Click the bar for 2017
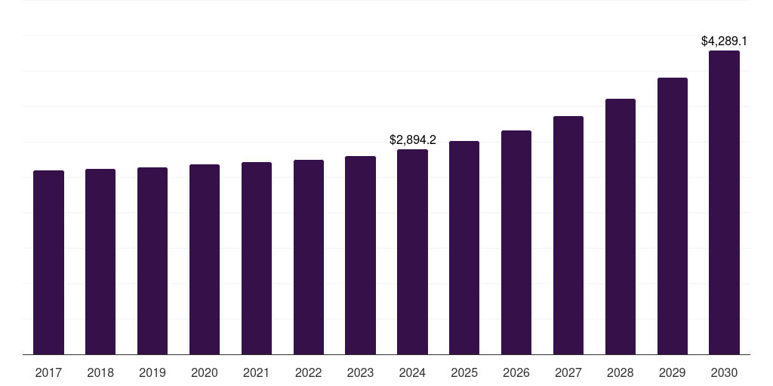click(x=48, y=262)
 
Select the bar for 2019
click(x=152, y=261)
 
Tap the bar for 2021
click(x=257, y=258)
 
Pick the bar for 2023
click(x=360, y=255)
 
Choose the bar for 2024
click(x=412, y=252)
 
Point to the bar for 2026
click(x=516, y=242)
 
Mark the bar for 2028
click(x=621, y=226)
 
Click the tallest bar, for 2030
click(x=724, y=202)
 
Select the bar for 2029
click(x=673, y=216)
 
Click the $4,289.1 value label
click(x=724, y=41)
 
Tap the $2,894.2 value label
click(x=412, y=139)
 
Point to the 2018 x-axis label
click(x=100, y=372)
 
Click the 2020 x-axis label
click(x=205, y=372)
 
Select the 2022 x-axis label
click(x=309, y=372)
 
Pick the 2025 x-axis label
click(x=464, y=372)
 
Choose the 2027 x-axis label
click(x=568, y=372)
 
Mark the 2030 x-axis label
click(x=724, y=372)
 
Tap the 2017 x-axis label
click(x=48, y=372)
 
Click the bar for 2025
click(x=464, y=247)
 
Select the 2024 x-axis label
click(x=412, y=372)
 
